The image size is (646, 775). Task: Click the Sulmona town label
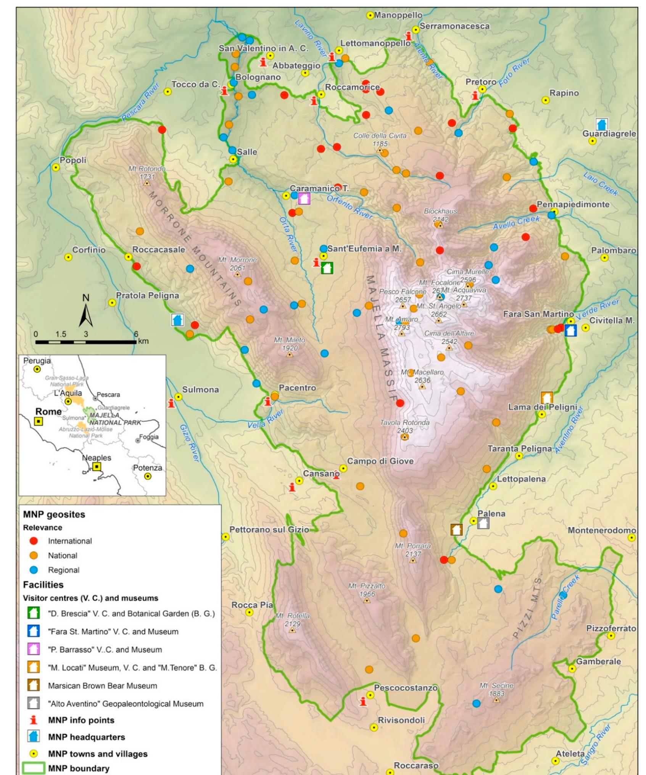(200, 389)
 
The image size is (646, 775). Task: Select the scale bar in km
(85, 342)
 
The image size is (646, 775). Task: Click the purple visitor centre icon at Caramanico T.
(304, 198)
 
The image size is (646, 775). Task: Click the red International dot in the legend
(34, 541)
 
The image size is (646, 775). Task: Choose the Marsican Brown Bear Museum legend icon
(34, 685)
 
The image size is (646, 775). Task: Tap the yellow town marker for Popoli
(56, 167)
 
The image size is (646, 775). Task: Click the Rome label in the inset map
(48, 412)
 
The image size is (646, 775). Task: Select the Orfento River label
(349, 207)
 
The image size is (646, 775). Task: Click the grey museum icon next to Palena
(483, 523)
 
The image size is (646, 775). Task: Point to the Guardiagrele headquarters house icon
(601, 124)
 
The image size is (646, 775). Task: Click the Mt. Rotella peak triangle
(292, 630)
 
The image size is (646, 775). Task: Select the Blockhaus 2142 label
(440, 215)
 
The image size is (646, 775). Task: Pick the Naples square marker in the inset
(97, 466)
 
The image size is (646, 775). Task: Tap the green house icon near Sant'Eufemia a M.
(327, 268)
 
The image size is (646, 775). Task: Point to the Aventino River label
(569, 430)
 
